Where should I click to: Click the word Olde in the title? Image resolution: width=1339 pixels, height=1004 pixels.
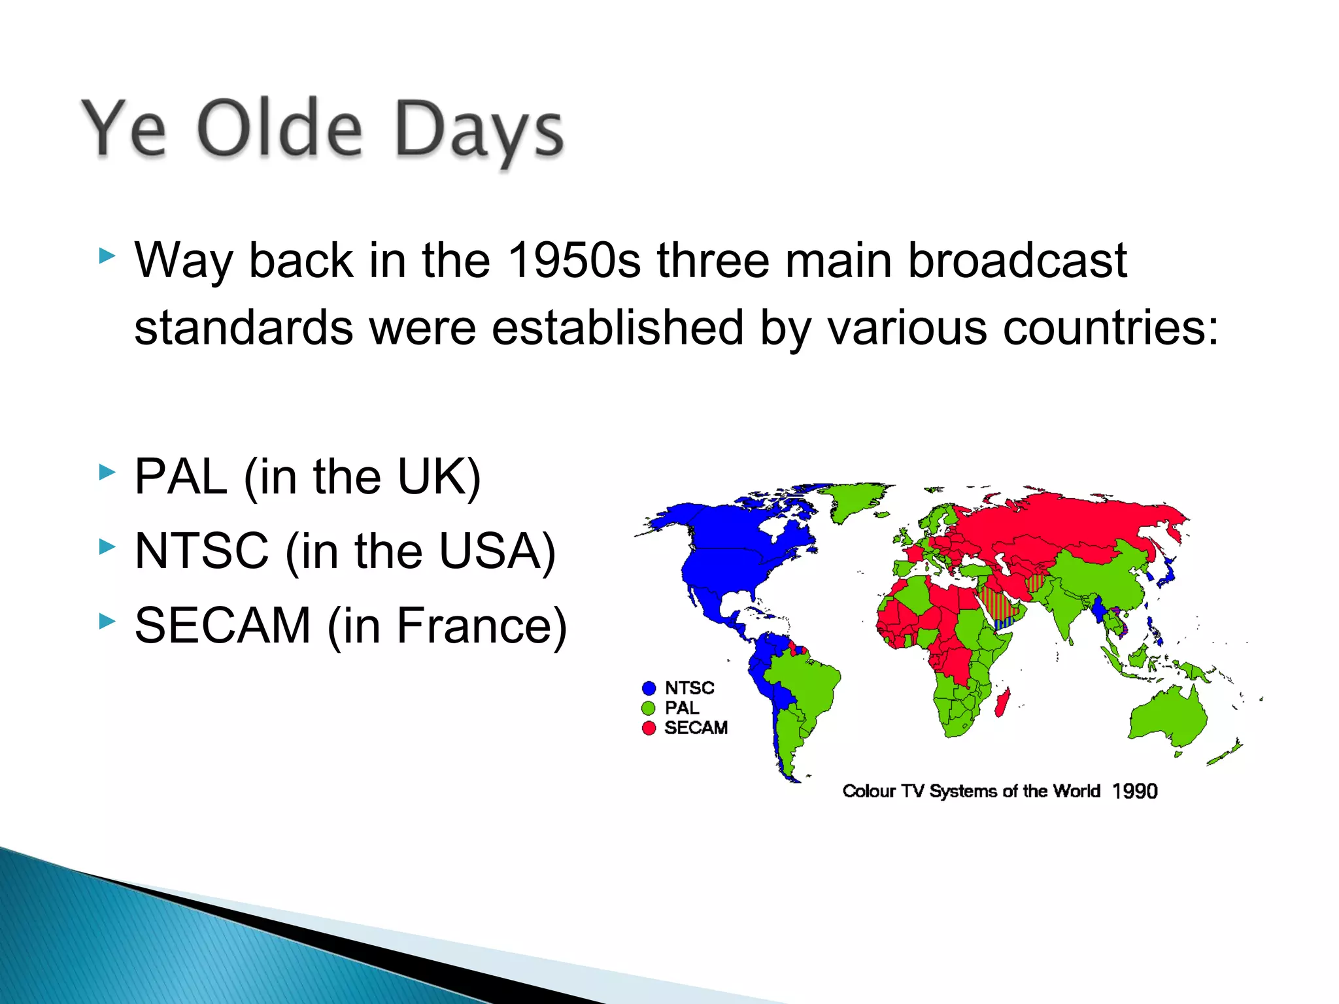[279, 129]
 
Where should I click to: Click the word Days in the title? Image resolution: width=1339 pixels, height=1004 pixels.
[479, 131]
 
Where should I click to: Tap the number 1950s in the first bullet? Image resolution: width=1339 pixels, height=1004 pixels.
[574, 260]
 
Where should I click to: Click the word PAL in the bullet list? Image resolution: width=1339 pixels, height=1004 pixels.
[181, 477]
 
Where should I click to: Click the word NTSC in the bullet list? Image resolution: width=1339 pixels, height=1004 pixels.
[201, 551]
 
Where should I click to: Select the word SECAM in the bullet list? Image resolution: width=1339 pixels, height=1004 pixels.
[222, 626]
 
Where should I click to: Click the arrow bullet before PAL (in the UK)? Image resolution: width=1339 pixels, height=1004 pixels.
[107, 472]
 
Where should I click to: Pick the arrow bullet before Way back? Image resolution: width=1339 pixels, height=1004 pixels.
[107, 256]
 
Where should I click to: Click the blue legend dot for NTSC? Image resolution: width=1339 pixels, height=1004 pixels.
[649, 688]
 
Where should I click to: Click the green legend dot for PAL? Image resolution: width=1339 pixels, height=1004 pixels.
[649, 709]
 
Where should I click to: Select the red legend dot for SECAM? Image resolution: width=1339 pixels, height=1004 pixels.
[649, 728]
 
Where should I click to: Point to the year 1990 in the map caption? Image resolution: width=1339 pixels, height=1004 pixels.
[1134, 792]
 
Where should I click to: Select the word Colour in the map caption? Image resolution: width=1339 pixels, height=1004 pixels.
[868, 792]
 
